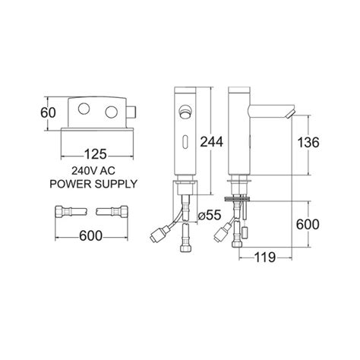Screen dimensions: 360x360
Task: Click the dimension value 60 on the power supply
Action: [x=48, y=113]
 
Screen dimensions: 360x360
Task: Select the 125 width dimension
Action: [x=95, y=154]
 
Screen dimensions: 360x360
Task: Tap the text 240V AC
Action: [x=93, y=171]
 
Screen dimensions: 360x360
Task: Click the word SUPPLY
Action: [x=115, y=184]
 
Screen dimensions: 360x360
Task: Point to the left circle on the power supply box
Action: [x=84, y=109]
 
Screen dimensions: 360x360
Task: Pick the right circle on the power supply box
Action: [x=111, y=112]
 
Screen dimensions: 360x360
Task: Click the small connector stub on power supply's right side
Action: [x=131, y=112]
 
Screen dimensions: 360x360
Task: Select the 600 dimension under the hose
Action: [x=90, y=236]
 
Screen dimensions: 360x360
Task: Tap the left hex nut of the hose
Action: [x=59, y=211]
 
